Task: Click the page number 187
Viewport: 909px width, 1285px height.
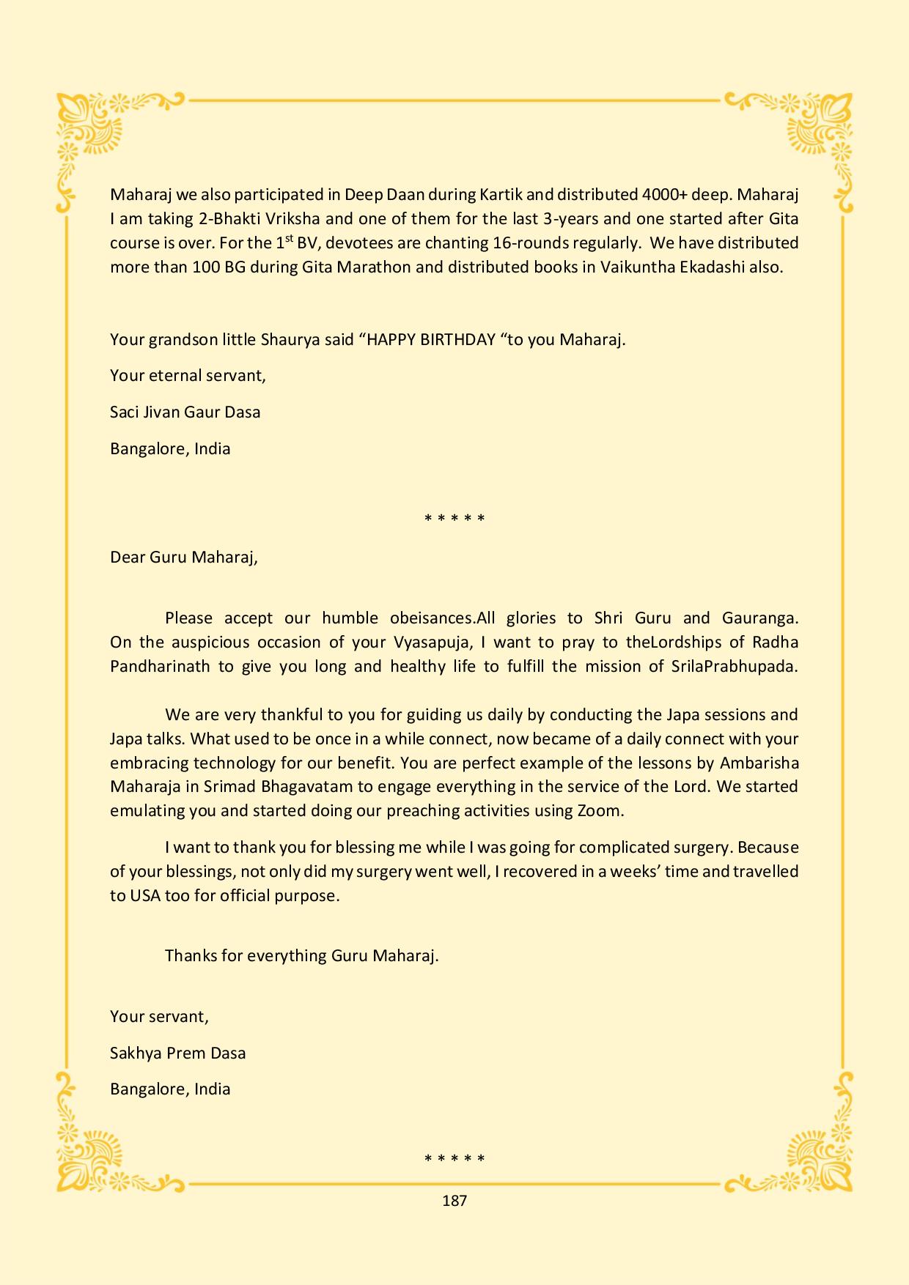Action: pos(454,1201)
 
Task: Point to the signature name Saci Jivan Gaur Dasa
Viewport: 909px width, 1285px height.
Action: pos(185,412)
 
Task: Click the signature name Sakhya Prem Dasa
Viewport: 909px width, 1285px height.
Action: pos(178,1053)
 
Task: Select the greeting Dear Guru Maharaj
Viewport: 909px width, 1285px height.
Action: pos(184,557)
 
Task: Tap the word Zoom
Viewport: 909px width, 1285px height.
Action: pos(600,811)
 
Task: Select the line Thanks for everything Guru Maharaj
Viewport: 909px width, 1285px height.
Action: pos(302,955)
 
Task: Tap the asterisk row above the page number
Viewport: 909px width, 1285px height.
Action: pos(454,1159)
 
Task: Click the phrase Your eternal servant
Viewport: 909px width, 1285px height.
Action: pos(188,376)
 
